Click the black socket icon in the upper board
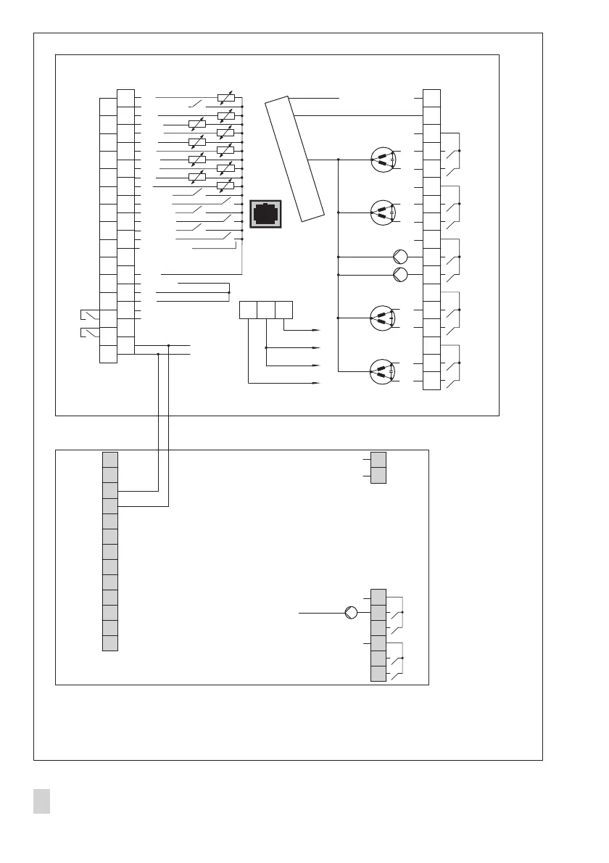click(x=265, y=213)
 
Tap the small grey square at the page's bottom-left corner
click(x=41, y=802)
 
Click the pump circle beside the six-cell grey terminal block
click(x=351, y=613)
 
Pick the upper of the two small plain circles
click(x=400, y=257)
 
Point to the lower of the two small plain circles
click(x=400, y=274)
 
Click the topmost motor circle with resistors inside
click(x=382, y=160)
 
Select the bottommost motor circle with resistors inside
click(x=382, y=371)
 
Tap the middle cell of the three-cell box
click(x=266, y=310)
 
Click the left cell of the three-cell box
click(x=249, y=310)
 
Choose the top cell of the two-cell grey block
click(x=378, y=460)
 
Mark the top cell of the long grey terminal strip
click(x=110, y=459)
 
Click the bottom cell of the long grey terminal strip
click(x=110, y=643)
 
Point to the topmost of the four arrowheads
click(x=315, y=329)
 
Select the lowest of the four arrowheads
click(x=315, y=382)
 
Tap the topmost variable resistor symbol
click(x=226, y=97)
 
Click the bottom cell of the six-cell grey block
click(x=378, y=674)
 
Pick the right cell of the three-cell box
click(x=283, y=310)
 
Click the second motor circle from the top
click(x=382, y=212)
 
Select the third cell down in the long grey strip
click(x=110, y=490)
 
